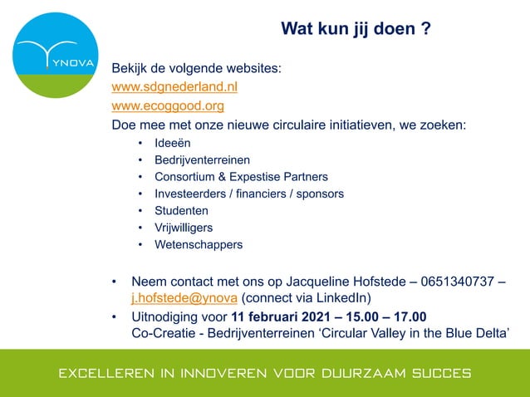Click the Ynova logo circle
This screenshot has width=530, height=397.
pos(56,56)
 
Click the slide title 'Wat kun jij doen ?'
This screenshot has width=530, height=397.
pos(356,30)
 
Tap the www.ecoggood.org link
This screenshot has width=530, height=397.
pos(168,106)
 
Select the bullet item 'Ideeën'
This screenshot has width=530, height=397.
pos(173,143)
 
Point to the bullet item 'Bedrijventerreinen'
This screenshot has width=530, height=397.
pos(203,159)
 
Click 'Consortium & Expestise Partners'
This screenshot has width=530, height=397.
pos(241,177)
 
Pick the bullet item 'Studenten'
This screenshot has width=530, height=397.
pos(181,211)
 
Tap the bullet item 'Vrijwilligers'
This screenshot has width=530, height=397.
pos(184,228)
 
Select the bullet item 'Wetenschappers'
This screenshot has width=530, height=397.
pos(199,245)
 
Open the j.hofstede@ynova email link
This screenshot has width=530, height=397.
pos(184,298)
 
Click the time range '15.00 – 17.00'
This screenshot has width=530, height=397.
pos(387,317)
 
